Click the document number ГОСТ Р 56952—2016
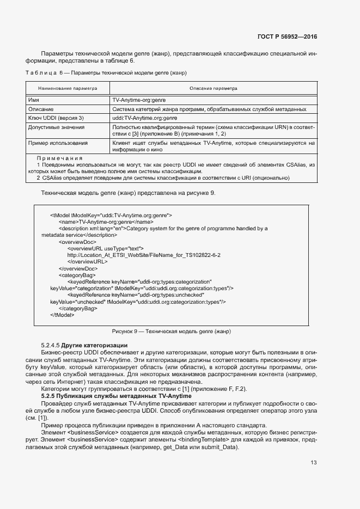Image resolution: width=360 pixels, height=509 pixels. pyautogui.click(x=287, y=37)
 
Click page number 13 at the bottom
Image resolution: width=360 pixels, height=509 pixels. pyautogui.click(x=313, y=463)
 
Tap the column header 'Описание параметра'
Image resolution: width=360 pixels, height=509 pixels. pyautogui.click(x=213, y=88)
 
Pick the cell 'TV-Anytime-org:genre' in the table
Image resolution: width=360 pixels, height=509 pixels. pyautogui.click(x=139, y=101)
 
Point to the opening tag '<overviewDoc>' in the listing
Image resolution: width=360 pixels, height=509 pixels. pyautogui.click(x=78, y=241)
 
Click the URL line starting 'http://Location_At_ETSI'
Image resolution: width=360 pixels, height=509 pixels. pyautogui.click(x=144, y=255)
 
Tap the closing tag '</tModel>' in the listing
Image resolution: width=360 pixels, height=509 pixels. pyautogui.click(x=62, y=315)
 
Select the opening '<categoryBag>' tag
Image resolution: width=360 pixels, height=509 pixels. pyautogui.click(x=77, y=275)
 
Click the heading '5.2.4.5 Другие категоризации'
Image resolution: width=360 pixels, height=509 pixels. pyautogui.click(x=84, y=345)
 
